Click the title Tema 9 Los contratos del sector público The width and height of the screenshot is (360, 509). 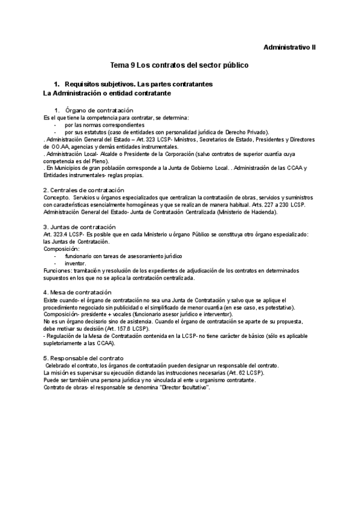click(x=180, y=64)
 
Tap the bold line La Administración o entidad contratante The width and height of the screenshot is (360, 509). click(x=107, y=94)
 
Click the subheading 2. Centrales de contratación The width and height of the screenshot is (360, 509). click(x=85, y=190)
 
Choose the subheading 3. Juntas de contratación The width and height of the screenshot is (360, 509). click(x=79, y=227)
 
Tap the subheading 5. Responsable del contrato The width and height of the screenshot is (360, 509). click(x=84, y=358)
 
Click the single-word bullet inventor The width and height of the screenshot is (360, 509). click(x=76, y=264)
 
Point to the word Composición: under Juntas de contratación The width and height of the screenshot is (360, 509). click(x=62, y=248)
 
